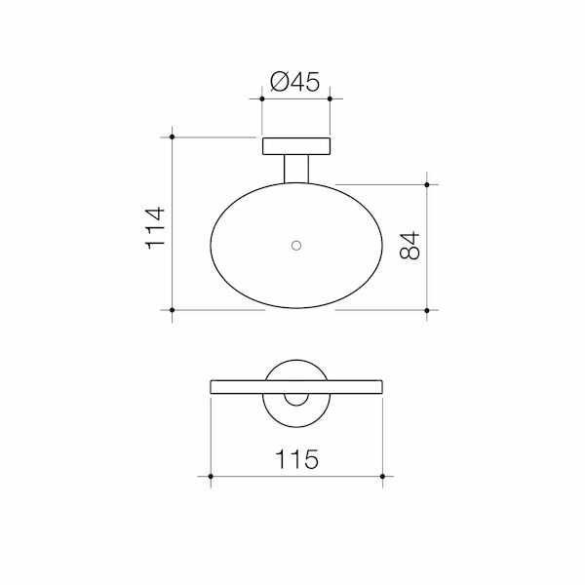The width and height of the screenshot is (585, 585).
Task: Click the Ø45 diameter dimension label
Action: pos(296,84)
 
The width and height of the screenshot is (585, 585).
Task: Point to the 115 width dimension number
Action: pos(296,458)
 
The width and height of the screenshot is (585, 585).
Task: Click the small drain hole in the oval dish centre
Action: pos(296,245)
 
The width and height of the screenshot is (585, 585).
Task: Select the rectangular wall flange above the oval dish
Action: pos(296,147)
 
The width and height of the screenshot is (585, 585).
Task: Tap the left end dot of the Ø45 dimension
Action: pos(263,98)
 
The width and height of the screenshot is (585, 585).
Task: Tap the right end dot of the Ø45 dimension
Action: pos(330,98)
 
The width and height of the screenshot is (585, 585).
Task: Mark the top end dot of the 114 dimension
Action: pos(172,138)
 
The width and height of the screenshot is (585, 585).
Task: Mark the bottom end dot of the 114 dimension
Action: pos(172,310)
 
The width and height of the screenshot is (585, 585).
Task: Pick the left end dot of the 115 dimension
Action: pos(212,476)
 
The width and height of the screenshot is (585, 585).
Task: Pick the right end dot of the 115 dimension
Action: pos(382,476)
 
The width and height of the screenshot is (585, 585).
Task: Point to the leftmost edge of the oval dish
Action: pos(212,246)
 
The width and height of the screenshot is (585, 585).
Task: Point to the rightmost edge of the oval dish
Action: pos(381,246)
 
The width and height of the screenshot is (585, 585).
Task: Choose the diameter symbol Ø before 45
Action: pos(276,84)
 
